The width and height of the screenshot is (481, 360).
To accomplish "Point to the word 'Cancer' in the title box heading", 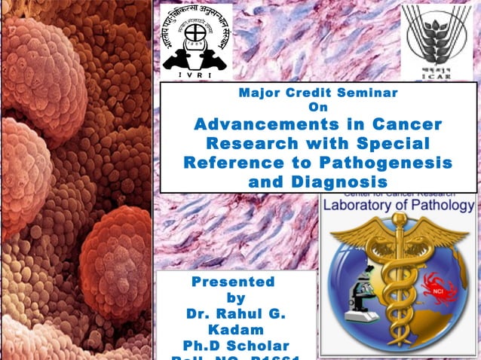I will [x=404, y=124].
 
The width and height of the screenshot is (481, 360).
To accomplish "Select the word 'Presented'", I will [x=233, y=282].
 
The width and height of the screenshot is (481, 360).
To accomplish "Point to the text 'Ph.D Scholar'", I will [x=236, y=346].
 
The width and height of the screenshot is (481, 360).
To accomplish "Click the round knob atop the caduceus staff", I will [x=399, y=219].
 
